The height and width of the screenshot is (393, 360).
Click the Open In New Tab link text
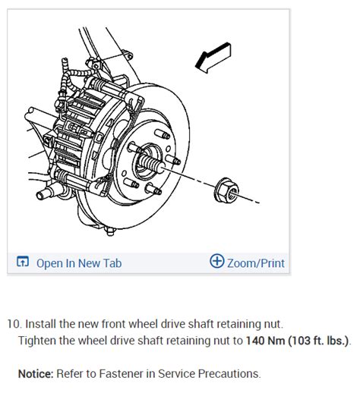coord(79,263)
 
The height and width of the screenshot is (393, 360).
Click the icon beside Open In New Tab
coord(22,263)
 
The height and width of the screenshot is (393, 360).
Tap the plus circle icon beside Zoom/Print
coord(217,263)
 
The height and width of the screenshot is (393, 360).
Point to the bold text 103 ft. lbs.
coord(318,341)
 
